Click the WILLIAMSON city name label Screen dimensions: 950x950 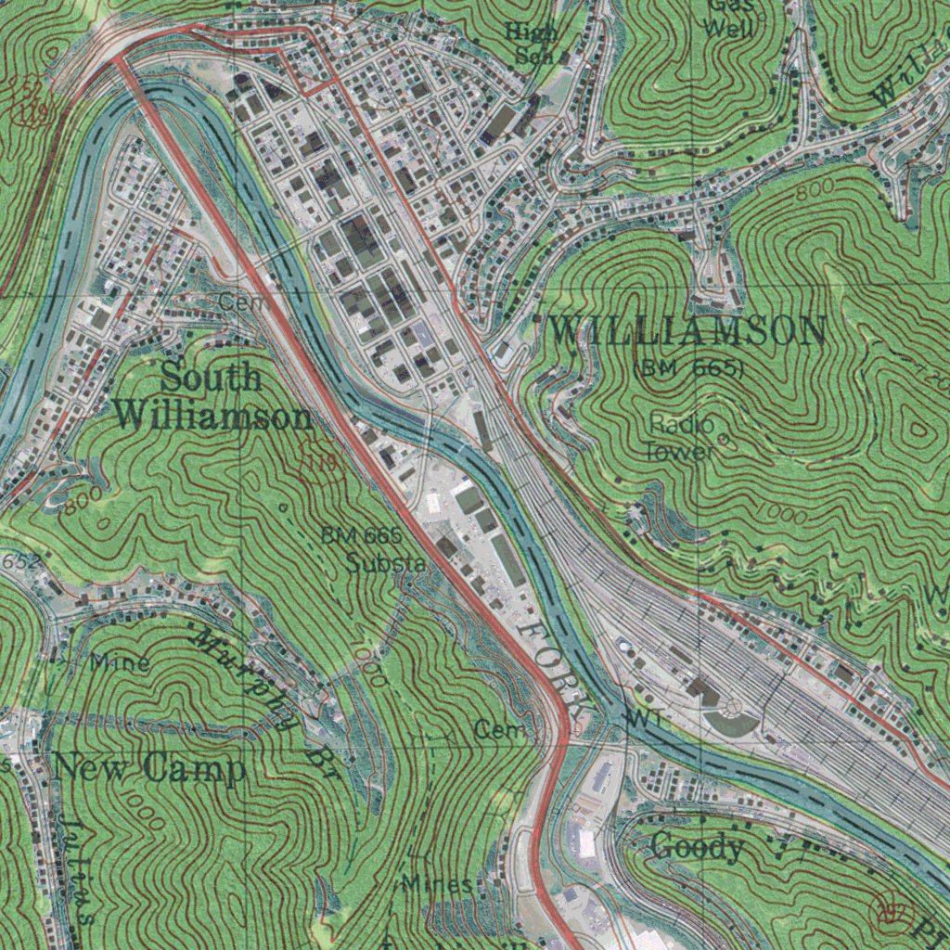coord(687,331)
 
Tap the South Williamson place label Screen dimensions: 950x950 coord(213,397)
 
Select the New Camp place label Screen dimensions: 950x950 coord(150,768)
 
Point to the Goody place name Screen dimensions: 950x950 coord(698,846)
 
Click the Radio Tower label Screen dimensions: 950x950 coord(681,438)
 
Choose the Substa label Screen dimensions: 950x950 coord(386,562)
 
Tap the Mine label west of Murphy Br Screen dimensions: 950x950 coord(120,662)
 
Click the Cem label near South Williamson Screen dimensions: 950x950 coord(243,302)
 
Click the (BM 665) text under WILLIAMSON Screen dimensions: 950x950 coord(688,368)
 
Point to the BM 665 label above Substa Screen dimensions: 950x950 coord(361,535)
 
